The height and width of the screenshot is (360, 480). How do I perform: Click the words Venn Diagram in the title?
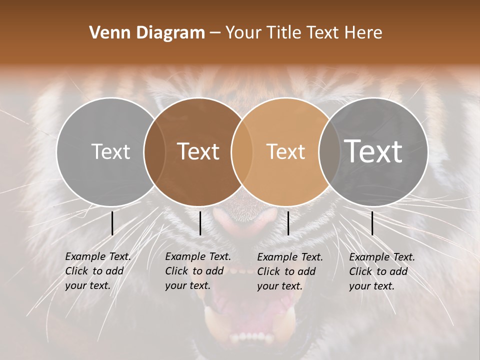click(147, 33)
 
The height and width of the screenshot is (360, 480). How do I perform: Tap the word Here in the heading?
click(364, 33)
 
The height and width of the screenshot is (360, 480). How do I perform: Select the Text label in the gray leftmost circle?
click(110, 151)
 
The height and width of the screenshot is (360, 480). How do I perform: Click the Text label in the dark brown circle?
click(198, 151)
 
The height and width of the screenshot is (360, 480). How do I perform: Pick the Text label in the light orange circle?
click(285, 151)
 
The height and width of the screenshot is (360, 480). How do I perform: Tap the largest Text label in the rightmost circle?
click(373, 151)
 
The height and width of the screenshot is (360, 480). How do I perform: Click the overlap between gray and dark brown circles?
click(154, 151)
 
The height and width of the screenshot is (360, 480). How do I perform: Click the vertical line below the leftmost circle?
click(112, 223)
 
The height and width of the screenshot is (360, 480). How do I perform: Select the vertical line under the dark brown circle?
click(200, 223)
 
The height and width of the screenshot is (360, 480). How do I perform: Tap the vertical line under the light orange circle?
click(288, 223)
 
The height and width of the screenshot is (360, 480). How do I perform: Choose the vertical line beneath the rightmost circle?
click(372, 223)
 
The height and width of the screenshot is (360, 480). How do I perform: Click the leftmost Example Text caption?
click(97, 271)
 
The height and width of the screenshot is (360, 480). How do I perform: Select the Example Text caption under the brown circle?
click(197, 271)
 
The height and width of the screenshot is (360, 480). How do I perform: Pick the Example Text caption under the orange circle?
click(289, 271)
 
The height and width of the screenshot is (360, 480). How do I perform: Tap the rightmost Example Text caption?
click(381, 271)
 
